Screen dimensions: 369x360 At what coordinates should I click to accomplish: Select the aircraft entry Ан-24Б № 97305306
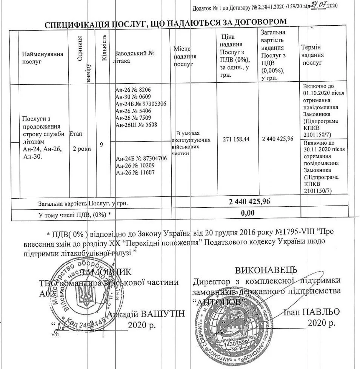coord(141,103)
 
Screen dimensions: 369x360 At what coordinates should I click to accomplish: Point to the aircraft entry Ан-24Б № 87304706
coord(141,159)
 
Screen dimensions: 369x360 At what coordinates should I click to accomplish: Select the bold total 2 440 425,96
coord(250,202)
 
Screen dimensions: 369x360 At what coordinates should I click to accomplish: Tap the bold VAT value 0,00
coord(248,213)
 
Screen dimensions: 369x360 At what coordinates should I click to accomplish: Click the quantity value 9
coord(101,144)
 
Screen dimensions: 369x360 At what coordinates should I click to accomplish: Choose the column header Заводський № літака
coord(135,57)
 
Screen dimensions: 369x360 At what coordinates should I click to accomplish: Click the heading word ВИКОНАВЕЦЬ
coord(266,270)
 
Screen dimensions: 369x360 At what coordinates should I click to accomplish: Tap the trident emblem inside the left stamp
coord(86,295)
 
